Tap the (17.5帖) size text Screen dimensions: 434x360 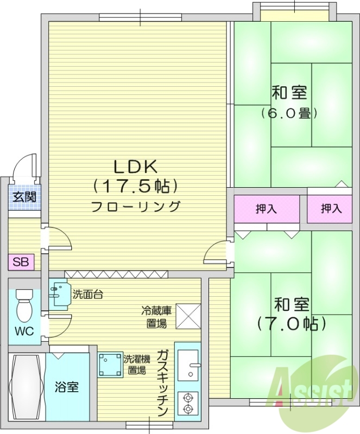point(135,187)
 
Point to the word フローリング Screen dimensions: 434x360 point(135,207)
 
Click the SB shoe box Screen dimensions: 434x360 point(21,263)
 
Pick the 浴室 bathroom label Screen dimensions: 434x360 point(67,387)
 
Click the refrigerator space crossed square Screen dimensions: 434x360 point(188,315)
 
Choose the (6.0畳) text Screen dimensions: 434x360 point(289,113)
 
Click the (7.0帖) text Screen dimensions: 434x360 point(292,324)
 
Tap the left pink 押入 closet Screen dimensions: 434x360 point(267,209)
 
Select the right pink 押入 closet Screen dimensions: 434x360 point(330,209)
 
